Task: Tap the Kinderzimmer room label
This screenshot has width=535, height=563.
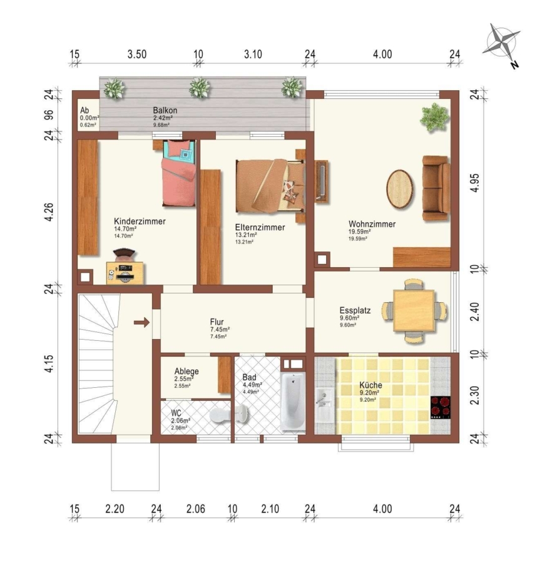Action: point(140,221)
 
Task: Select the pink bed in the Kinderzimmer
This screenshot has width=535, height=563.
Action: point(179,173)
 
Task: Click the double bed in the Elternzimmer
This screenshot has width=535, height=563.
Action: point(270,186)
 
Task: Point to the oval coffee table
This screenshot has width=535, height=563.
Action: point(400,189)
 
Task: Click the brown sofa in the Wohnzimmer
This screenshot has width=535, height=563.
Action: point(436,188)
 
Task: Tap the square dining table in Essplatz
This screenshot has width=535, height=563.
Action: point(414,310)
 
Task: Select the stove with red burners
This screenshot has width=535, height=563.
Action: point(441,407)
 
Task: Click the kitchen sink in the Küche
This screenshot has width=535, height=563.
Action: point(325,405)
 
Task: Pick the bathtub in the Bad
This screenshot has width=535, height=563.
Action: point(293,401)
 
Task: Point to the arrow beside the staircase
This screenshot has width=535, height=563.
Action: point(142,322)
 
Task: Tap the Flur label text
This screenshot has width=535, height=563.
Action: point(217,322)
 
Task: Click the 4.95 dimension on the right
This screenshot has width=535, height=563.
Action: point(474,183)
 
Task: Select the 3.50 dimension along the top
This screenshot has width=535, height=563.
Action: point(137,54)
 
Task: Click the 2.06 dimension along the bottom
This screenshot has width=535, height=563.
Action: point(196,509)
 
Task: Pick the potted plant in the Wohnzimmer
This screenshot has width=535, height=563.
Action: point(435,118)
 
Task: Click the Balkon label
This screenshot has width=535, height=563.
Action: point(165,110)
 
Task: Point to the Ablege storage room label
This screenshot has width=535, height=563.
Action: point(186,371)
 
